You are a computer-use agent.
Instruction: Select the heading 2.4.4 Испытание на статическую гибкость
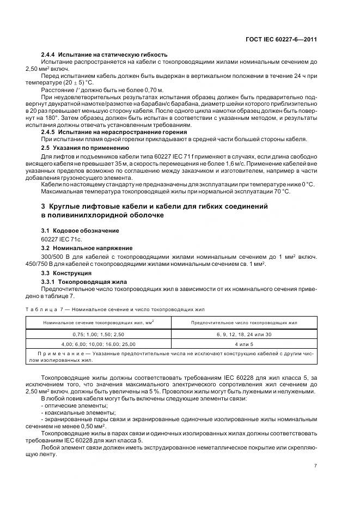104,54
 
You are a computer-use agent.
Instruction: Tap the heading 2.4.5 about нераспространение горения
114,132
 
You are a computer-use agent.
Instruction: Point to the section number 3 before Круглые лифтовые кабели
44,207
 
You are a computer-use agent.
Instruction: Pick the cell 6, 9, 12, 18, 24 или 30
243,334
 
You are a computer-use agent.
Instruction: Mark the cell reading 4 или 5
243,344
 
